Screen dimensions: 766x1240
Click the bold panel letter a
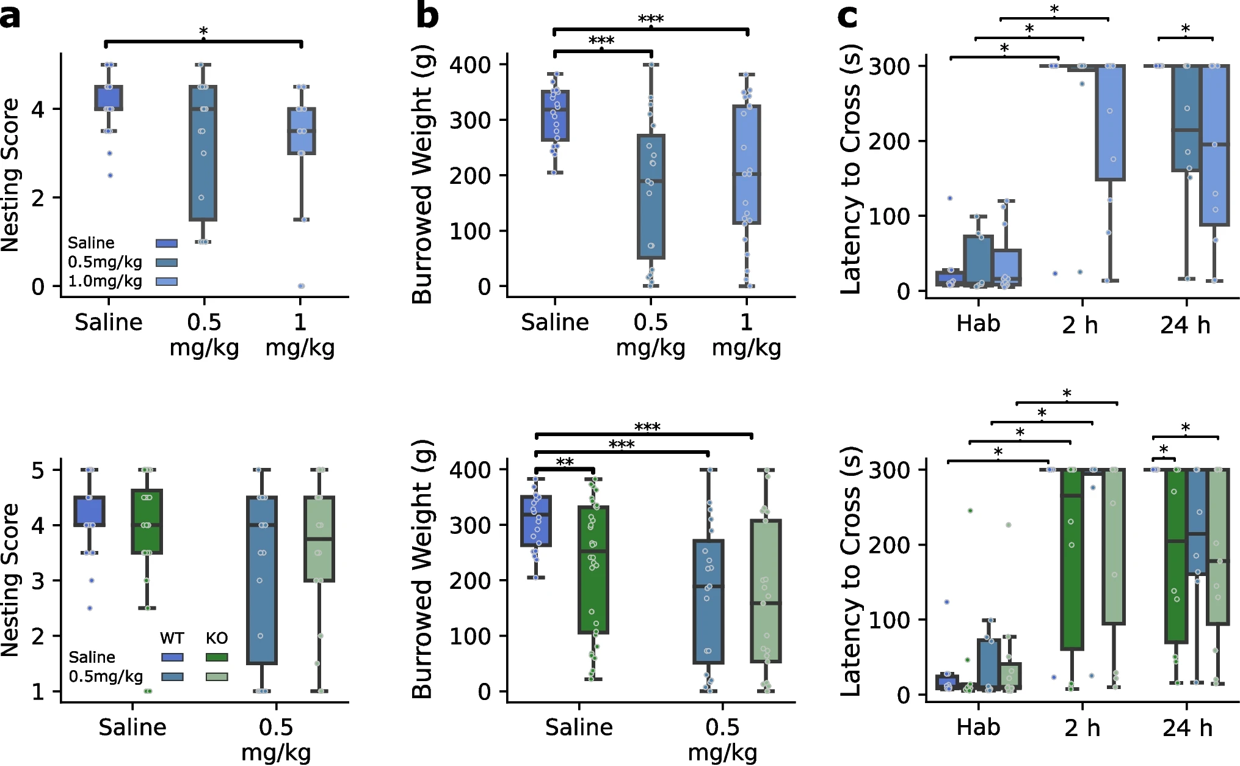point(10,16)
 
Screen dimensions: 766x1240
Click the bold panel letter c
point(847,16)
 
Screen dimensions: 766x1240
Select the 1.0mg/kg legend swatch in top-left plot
point(166,282)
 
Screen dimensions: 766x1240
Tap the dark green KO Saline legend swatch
point(216,657)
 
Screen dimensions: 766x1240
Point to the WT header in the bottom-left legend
point(172,638)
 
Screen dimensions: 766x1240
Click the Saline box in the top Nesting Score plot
point(109,98)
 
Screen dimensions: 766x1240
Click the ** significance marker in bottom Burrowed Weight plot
point(565,462)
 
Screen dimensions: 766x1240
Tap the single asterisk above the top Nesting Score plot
point(203,32)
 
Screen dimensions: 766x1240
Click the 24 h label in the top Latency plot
point(1185,325)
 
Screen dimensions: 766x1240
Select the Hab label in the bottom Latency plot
point(978,728)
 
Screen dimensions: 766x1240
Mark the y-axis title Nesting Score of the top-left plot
point(11,175)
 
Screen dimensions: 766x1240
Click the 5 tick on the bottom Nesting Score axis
point(38,470)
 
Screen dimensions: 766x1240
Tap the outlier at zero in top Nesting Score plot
point(301,286)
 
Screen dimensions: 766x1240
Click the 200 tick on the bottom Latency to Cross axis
point(889,545)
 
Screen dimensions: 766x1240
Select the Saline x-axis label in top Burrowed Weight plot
point(554,322)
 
